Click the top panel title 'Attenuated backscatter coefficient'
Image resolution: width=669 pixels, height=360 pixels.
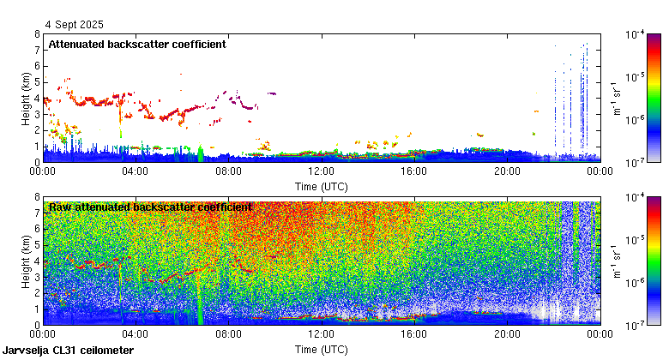pyautogui.click(x=137, y=45)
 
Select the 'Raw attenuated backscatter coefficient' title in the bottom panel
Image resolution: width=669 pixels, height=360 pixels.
pyautogui.click(x=150, y=207)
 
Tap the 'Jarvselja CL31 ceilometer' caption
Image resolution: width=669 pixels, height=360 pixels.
pyautogui.click(x=69, y=351)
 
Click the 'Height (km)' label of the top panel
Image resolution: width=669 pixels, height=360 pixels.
pyautogui.click(x=26, y=98)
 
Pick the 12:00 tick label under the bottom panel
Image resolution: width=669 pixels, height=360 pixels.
pyautogui.click(x=321, y=334)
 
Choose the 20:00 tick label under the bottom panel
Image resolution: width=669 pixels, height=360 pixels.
pyautogui.click(x=506, y=334)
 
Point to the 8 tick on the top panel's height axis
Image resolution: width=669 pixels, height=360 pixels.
pyautogui.click(x=36, y=34)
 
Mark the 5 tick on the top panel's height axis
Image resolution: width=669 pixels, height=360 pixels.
pyautogui.click(x=36, y=82)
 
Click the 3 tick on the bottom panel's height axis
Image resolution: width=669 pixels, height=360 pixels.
pyautogui.click(x=36, y=277)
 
